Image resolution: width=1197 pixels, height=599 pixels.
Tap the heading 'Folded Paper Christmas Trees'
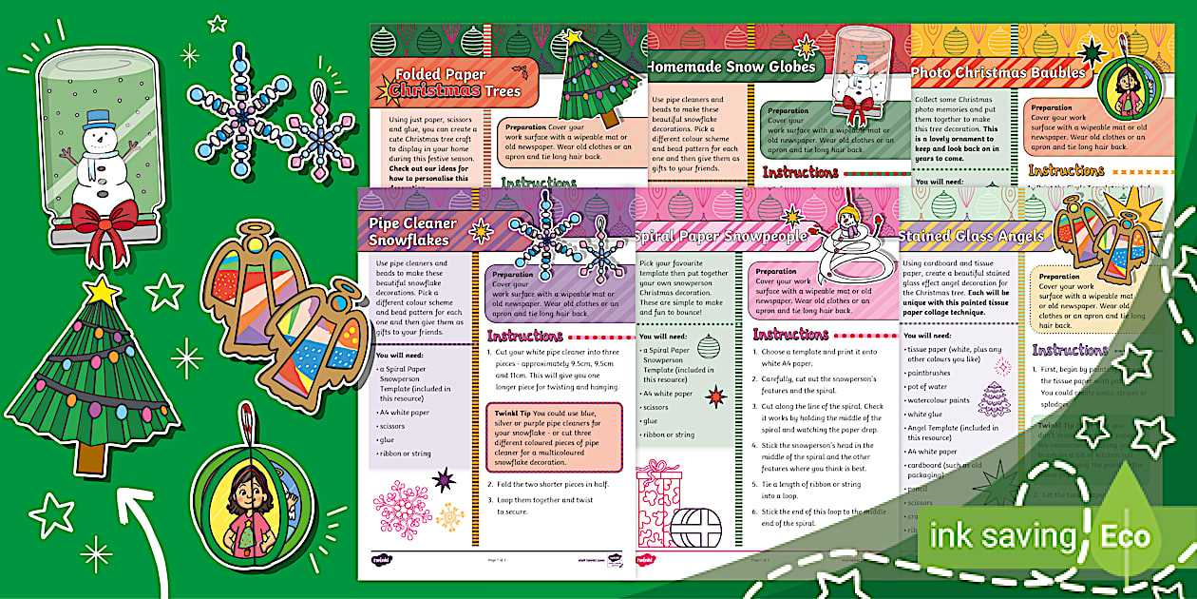(446, 83)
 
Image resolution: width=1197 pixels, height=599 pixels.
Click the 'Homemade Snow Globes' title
(731, 67)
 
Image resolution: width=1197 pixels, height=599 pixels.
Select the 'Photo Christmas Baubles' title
(997, 72)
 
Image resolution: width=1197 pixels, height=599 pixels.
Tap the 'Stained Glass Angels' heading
(970, 235)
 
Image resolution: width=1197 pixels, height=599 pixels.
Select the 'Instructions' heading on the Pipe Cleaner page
(525, 336)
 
